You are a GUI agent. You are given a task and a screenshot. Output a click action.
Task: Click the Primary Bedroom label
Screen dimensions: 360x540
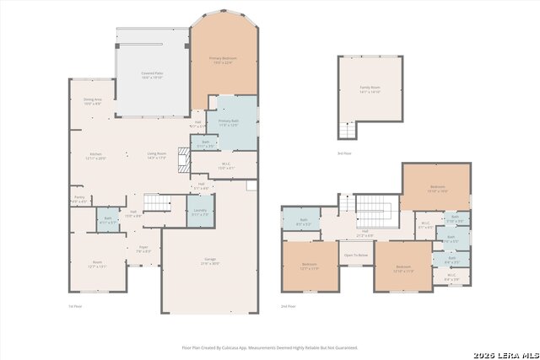224,60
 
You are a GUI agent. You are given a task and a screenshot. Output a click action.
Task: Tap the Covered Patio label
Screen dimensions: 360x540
152,75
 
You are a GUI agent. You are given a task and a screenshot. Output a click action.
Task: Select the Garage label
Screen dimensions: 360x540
209,261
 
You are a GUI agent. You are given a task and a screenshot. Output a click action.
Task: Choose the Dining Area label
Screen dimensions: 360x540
93,101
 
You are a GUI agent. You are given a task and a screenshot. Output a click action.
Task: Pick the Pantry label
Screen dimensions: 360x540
78,200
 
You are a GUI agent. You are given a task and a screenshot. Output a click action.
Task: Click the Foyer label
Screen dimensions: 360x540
143,249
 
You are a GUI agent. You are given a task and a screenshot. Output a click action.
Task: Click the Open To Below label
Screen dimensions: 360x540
355,255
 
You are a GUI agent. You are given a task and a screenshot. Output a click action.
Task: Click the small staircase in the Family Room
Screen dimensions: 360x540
346,131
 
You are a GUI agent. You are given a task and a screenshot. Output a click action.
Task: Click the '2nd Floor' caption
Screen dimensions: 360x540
289,306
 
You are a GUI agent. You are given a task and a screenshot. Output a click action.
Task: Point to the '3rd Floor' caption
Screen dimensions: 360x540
343,153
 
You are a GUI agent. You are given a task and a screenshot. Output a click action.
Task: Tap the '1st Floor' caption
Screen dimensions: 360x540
75,306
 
